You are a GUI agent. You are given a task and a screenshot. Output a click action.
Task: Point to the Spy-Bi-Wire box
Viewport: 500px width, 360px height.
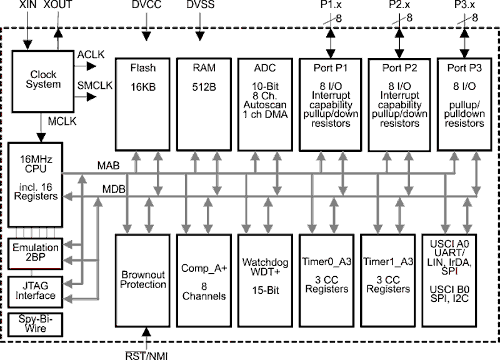point(36,324)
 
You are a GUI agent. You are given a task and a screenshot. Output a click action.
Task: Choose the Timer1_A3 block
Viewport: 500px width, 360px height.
point(387,279)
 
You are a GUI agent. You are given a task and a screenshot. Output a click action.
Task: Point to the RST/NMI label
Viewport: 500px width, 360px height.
point(148,354)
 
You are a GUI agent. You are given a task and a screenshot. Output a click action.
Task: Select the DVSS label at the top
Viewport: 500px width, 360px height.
point(199,5)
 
